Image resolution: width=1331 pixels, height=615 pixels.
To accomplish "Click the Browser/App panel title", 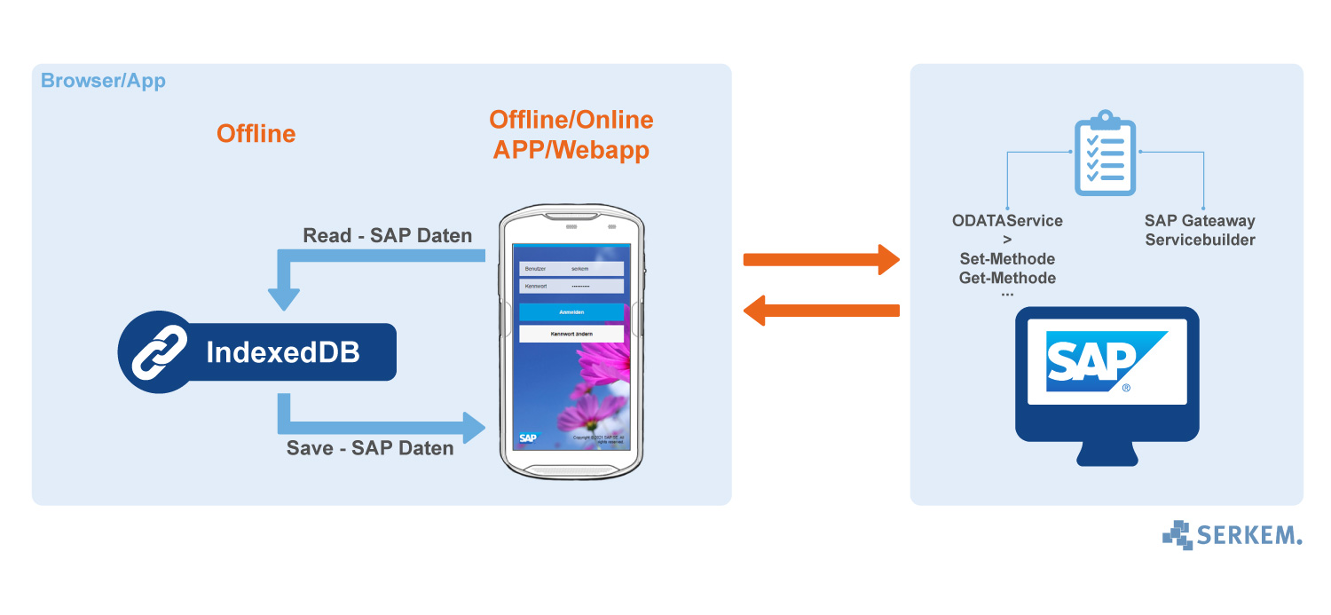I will (103, 82).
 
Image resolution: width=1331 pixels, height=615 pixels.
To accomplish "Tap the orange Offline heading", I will (256, 134).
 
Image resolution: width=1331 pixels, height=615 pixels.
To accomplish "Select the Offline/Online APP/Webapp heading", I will (571, 135).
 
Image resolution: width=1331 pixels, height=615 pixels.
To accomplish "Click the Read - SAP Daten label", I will (387, 236).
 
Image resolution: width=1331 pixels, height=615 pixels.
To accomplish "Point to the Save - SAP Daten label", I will (370, 448).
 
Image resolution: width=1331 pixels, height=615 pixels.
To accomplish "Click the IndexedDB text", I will (283, 352).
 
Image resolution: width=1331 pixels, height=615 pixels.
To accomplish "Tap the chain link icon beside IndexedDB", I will (159, 352).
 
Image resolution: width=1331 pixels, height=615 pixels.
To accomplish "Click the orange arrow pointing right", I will (821, 259).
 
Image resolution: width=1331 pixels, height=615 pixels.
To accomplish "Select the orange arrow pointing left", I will (821, 311).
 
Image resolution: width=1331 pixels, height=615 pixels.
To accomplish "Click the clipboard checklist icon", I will (1105, 153).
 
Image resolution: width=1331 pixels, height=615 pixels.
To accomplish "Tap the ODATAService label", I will (1007, 221).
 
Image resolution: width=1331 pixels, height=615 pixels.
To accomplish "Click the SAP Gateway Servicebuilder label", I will (1200, 230).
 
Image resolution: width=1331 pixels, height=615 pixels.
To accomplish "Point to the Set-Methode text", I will (1007, 259).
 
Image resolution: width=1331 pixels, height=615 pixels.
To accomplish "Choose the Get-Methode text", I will (1007, 278).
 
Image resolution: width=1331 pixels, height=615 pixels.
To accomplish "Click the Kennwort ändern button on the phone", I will (571, 334).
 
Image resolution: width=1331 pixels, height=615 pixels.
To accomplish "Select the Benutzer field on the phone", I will (571, 268).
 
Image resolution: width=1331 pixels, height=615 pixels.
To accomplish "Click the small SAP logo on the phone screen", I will (529, 438).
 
